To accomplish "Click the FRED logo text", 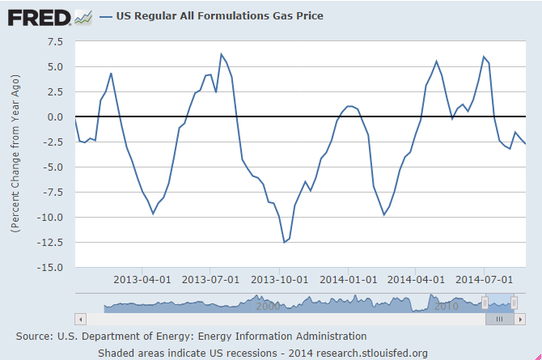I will pyautogui.click(x=37, y=15).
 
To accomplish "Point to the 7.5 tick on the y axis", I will pyautogui.click(x=54, y=41).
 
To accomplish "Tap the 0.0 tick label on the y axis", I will pyautogui.click(x=54, y=116).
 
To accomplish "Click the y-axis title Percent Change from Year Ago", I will pyautogui.click(x=15, y=154).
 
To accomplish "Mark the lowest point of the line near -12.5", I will pyautogui.click(x=284, y=242).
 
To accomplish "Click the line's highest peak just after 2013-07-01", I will pyautogui.click(x=221, y=54).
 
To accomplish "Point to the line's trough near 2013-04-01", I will pyautogui.click(x=153, y=214).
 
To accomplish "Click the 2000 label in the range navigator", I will pyautogui.click(x=267, y=306).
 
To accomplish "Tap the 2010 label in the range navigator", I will pyautogui.click(x=446, y=306).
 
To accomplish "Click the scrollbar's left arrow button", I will pyautogui.click(x=78, y=319).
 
